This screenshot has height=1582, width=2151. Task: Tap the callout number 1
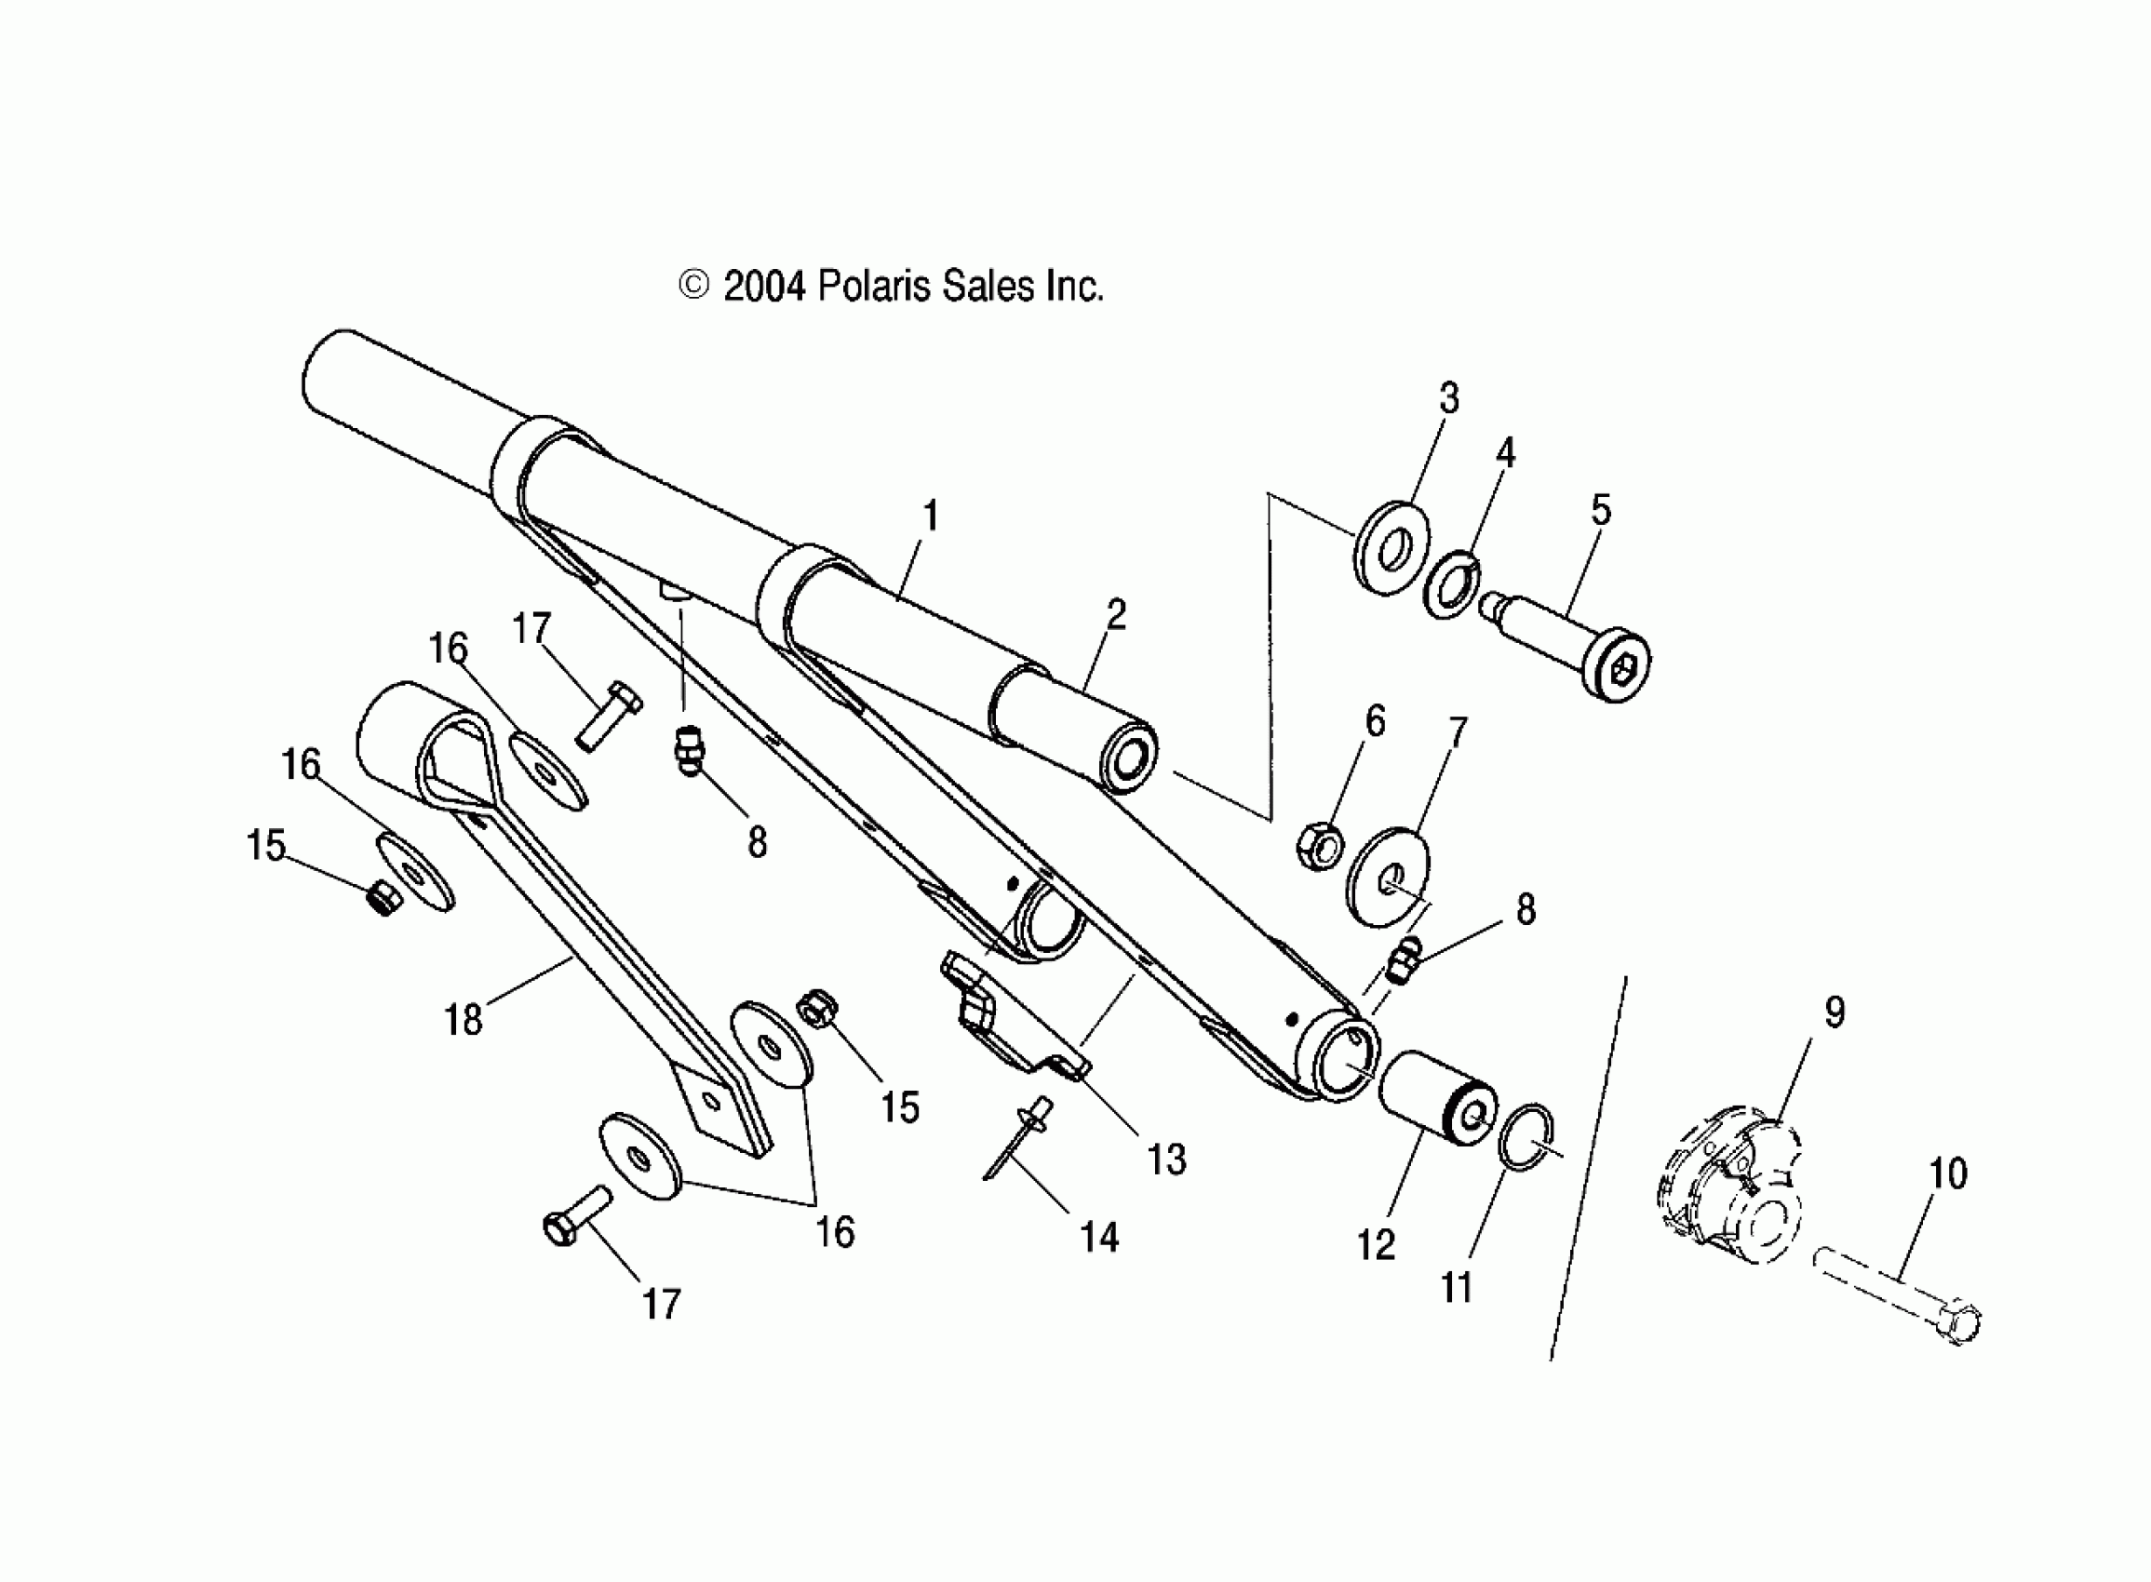point(930,517)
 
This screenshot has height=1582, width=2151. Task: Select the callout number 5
point(1600,510)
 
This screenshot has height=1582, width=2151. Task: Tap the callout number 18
point(464,1021)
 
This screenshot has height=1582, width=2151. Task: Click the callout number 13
point(1166,1160)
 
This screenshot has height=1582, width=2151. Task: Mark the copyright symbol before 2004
point(693,286)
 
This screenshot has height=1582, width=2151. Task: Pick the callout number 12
point(1376,1245)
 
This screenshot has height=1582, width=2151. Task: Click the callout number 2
point(1116,615)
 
